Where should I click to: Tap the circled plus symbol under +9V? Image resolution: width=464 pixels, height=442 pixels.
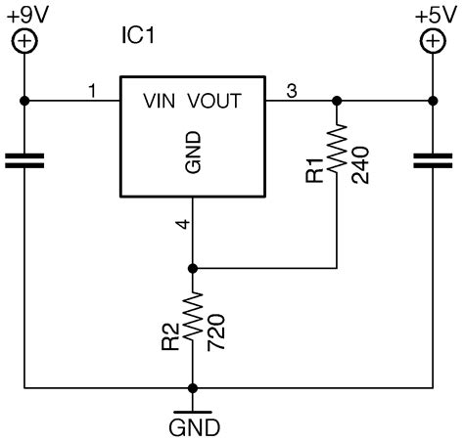[x=24, y=41]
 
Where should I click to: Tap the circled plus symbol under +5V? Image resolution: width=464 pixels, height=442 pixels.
[x=432, y=41]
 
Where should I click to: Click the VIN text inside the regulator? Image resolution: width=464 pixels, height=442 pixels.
[x=161, y=100]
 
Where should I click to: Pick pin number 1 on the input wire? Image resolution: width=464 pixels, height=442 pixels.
[x=92, y=91]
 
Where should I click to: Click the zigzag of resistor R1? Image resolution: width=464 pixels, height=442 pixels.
[x=338, y=152]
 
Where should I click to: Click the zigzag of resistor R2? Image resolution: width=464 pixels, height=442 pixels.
[x=194, y=324]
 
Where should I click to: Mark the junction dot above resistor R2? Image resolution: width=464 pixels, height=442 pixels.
[x=194, y=267]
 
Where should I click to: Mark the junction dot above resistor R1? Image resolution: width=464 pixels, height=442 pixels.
[x=338, y=100]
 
